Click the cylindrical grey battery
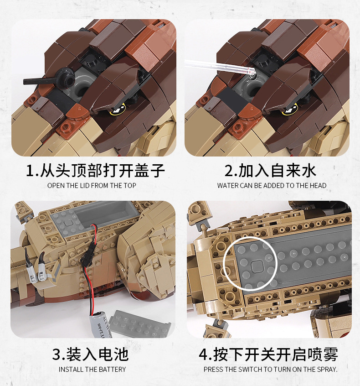[101, 325]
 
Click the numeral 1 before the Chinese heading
[31, 171]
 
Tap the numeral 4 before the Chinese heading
[203, 355]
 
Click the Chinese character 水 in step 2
[308, 171]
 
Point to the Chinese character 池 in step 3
[120, 354]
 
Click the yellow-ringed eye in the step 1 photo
[119, 109]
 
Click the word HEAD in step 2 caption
[319, 185]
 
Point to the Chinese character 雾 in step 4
[329, 355]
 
